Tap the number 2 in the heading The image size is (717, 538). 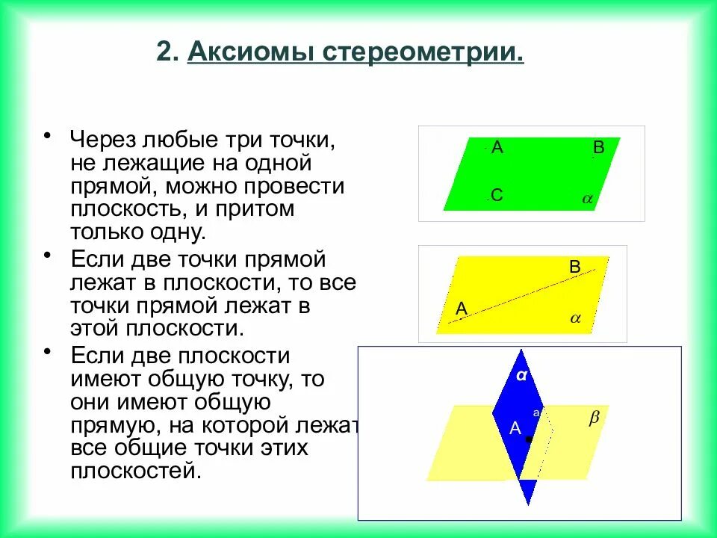click(166, 54)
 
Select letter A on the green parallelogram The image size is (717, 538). click(497, 148)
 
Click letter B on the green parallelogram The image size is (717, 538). click(598, 148)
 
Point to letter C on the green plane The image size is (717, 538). click(497, 196)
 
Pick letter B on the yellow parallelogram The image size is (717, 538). click(574, 266)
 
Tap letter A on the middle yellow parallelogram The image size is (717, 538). click(461, 308)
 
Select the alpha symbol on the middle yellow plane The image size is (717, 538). click(575, 318)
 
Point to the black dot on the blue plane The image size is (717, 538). click(529, 439)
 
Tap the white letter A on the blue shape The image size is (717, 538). click(515, 428)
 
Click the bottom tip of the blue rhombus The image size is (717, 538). click(529, 502)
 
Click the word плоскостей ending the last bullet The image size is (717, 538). click(136, 471)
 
